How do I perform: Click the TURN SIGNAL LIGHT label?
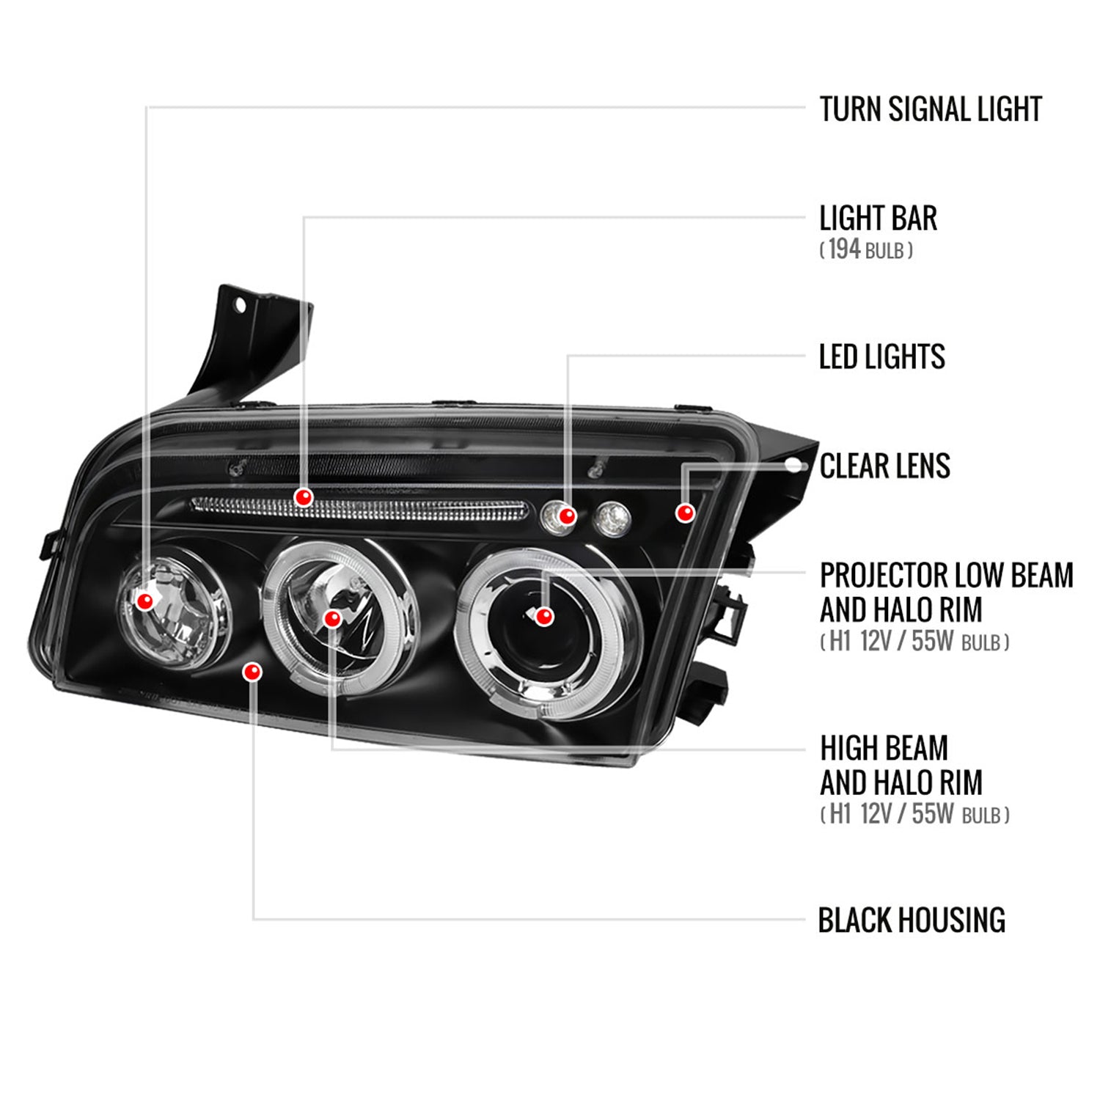pos(930,110)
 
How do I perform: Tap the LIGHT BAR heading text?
pos(878,219)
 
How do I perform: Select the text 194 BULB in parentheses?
pos(866,250)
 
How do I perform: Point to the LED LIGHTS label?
pos(881,357)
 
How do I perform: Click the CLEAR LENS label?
pos(884,466)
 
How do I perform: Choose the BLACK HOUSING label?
pos(911,920)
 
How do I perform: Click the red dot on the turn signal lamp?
pos(145,601)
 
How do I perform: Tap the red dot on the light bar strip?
pos(303,498)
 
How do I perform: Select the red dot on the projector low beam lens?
pos(543,617)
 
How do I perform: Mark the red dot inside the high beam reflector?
pos(332,619)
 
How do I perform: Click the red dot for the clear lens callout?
pos(685,513)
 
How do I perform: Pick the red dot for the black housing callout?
pos(252,672)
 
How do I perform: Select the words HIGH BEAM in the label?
pos(884,749)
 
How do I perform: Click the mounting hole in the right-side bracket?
pos(793,465)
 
